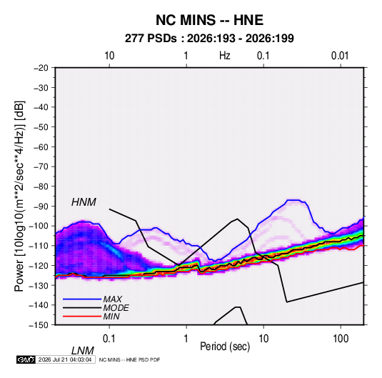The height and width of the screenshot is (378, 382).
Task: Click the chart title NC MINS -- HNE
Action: [x=209, y=20]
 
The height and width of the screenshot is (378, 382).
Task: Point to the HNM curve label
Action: [x=84, y=202]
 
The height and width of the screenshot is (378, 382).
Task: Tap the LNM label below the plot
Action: [x=83, y=351]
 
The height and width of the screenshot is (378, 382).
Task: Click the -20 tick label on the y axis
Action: [x=41, y=68]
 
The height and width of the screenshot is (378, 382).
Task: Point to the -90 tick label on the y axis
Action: [x=41, y=206]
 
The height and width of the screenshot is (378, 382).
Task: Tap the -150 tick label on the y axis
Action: [x=39, y=325]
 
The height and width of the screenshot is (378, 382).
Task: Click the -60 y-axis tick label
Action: [x=41, y=146]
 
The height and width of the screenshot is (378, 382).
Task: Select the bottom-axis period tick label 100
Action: [x=341, y=339]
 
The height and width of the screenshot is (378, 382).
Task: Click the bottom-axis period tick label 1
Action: [x=186, y=339]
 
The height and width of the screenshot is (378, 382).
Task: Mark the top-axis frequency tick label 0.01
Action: [x=340, y=56]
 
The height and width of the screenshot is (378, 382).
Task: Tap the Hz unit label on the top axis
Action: [x=225, y=56]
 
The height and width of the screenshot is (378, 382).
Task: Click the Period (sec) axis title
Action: [x=225, y=347]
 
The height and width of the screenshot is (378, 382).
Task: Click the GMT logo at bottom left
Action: [x=26, y=359]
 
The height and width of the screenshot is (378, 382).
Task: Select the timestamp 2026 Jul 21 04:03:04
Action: [x=65, y=359]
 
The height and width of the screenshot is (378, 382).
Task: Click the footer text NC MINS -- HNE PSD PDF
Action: [x=129, y=359]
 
